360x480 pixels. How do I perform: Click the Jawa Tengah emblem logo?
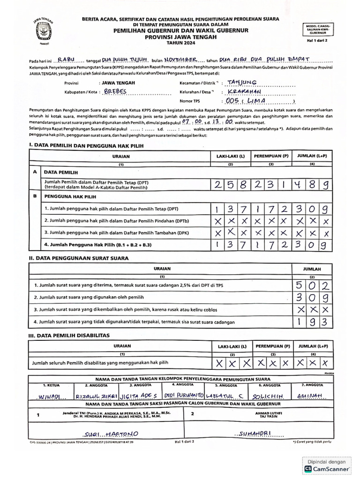coord(43,31)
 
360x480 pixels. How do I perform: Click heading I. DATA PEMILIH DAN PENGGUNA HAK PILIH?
coord(86,146)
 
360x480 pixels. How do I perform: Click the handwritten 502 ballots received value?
coord(312,285)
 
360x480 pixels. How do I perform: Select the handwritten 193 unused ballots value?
coord(312,322)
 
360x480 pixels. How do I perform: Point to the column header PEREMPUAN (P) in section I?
coord(271,157)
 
